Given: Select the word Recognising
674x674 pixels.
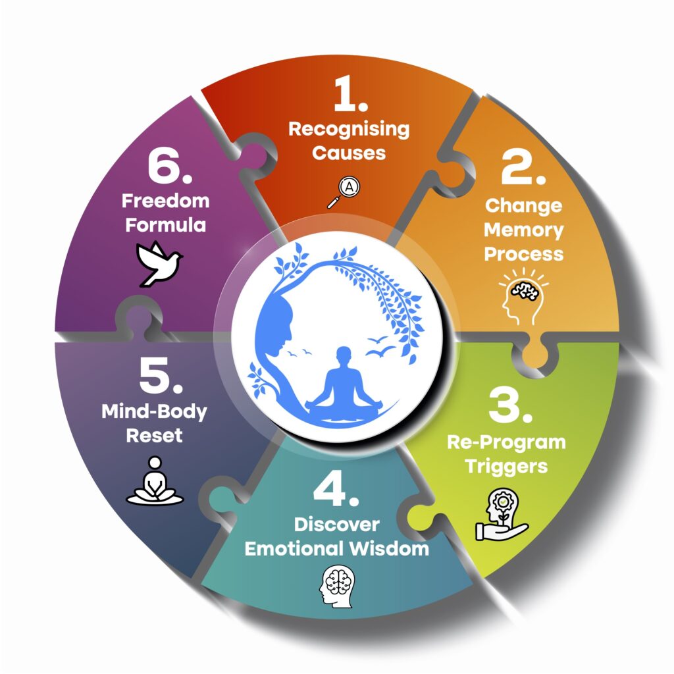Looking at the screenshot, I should (349, 129).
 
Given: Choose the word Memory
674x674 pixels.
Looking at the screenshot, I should (524, 230).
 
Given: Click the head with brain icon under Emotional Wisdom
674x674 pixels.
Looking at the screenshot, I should (337, 582).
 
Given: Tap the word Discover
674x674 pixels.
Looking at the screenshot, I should (336, 525).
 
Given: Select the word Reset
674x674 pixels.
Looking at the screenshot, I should (154, 436).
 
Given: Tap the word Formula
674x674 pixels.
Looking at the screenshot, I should (166, 224).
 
